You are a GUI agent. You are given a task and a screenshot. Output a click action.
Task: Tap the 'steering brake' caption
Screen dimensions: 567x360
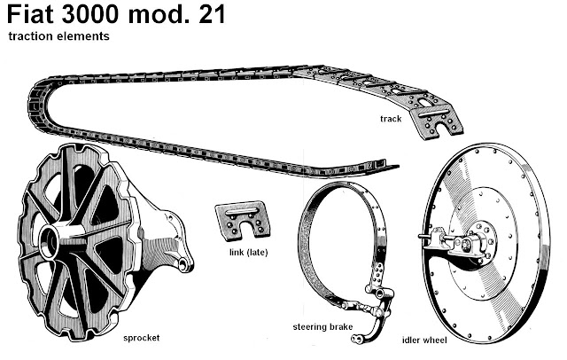[323, 327]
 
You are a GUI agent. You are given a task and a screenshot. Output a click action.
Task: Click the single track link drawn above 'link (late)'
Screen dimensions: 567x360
[242, 219]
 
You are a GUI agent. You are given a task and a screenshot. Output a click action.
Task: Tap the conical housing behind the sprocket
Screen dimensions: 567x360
[159, 226]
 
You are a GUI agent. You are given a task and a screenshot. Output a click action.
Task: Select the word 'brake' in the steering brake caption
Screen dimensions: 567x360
[340, 327]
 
